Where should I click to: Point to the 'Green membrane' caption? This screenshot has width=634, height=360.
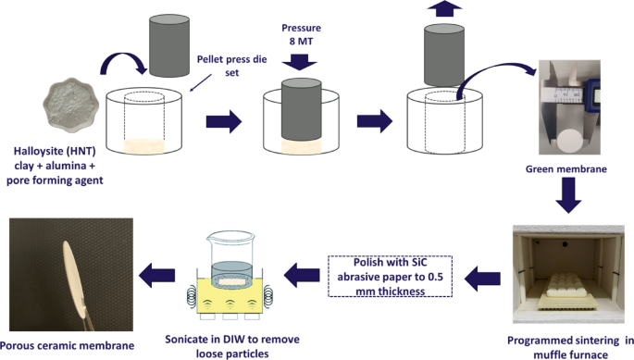(x=558, y=168)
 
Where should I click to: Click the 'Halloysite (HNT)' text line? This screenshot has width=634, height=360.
(x=52, y=153)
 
